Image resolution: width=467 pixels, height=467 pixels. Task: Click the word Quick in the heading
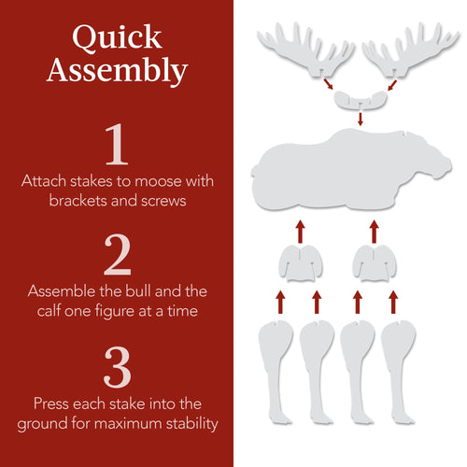[x=117, y=38]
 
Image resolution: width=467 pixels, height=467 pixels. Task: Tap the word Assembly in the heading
[x=117, y=71]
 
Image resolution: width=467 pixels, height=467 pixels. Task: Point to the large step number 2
[x=117, y=254]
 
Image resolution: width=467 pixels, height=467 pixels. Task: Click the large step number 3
[x=117, y=367]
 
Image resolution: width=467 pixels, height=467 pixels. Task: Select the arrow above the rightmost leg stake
[x=395, y=301]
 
